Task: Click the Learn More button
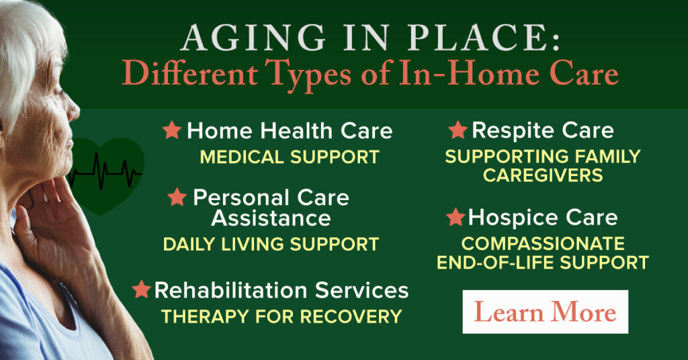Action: pos(545,312)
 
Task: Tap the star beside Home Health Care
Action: pos(172,130)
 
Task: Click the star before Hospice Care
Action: pos(456,217)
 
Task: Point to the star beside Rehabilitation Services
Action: pos(141,289)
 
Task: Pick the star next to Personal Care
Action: pos(177,197)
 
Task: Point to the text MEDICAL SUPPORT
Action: pos(290,158)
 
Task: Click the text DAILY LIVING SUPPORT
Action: pos(271,244)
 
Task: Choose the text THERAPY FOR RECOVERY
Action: pos(282,316)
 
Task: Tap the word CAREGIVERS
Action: pos(543,176)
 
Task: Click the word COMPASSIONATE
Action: pos(543,243)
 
